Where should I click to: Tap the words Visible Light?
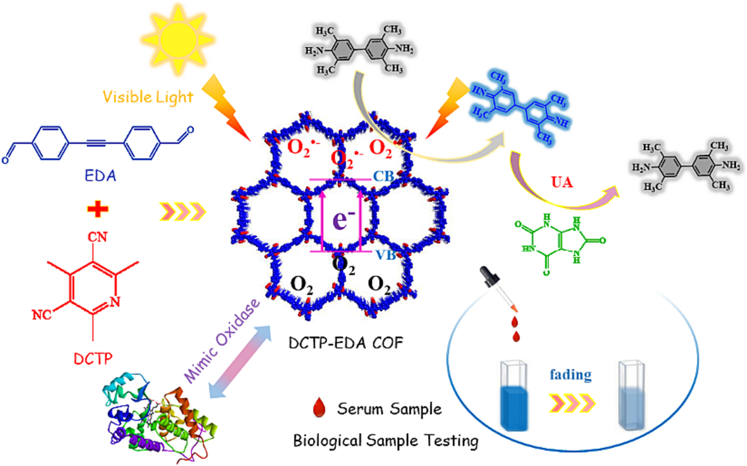pos(148,97)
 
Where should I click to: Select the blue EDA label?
pos(100,175)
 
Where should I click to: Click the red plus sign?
pos(98,209)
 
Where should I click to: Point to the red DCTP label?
pos(93,359)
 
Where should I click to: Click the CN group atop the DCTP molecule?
pos(97,237)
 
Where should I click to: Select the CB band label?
pos(383,176)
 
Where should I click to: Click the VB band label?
pos(385,255)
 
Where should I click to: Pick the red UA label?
pos(562,182)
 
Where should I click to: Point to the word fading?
pos(570,375)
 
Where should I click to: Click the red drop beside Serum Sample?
pos(319,408)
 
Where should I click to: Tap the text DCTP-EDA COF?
pos(345,343)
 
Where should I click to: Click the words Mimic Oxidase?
pos(222,341)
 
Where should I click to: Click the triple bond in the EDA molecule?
pos(96,143)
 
